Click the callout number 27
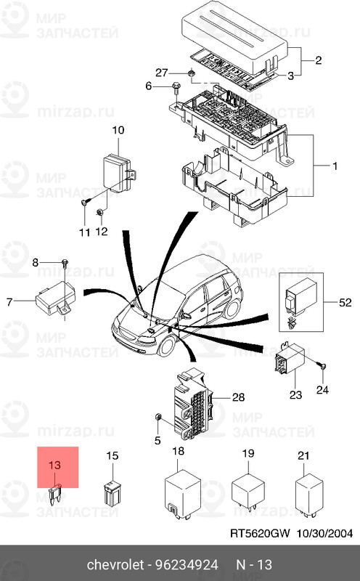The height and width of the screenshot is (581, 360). coord(161,73)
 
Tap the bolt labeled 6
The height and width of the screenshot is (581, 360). coord(176,87)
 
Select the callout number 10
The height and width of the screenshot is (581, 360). coord(118,130)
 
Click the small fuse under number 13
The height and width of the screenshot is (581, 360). coord(55,495)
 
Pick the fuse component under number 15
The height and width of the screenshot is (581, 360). coord(111,493)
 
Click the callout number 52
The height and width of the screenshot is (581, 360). coord(345,303)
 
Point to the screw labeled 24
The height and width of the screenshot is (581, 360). coord(322,367)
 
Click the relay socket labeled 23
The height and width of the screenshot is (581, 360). coord(290,359)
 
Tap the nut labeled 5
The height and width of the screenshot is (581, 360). coord(157,417)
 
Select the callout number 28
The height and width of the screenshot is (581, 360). coord(239,397)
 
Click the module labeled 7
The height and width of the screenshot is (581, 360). coord(56,298)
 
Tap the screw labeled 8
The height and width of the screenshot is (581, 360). coord(65,263)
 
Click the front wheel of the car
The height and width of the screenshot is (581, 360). coord(168,346)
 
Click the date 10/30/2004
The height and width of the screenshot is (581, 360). coord(324,533)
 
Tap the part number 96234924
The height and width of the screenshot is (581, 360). coord(187,565)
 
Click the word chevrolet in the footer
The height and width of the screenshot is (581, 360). coord(115,565)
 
